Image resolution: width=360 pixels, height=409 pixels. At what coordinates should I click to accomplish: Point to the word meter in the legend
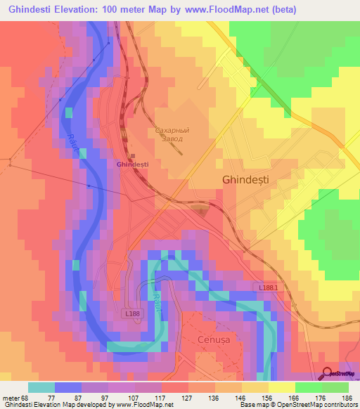pyautogui.click(x=13, y=397)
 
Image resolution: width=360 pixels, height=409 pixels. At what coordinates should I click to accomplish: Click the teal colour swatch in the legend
pyautogui.click(x=41, y=387)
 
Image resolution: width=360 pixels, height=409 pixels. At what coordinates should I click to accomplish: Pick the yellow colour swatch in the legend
pyautogui.click(x=281, y=387)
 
